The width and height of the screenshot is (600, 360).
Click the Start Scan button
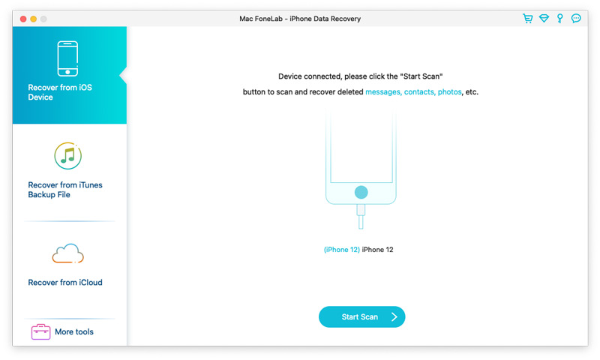click(x=361, y=317)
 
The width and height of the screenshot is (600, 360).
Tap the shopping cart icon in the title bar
click(x=528, y=19)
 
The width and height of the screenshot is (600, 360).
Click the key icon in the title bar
click(x=559, y=19)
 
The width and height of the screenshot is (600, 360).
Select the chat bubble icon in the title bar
click(x=576, y=19)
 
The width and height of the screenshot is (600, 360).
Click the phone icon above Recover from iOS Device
click(x=69, y=58)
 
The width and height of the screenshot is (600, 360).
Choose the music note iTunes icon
click(x=68, y=156)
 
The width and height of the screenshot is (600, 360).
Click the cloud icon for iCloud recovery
click(x=67, y=253)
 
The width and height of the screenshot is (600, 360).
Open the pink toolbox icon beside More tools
click(x=40, y=331)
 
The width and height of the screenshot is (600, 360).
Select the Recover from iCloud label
click(x=65, y=283)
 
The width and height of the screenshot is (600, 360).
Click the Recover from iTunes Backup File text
click(x=65, y=190)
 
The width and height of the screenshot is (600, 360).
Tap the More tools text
click(x=74, y=331)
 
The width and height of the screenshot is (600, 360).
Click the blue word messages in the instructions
click(x=383, y=92)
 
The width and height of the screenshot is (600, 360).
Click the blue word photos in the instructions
click(x=450, y=92)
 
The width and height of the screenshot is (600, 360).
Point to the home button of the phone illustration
click(x=361, y=192)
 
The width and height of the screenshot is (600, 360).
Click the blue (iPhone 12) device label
click(x=341, y=250)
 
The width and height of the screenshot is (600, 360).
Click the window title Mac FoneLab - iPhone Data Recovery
click(x=300, y=19)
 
